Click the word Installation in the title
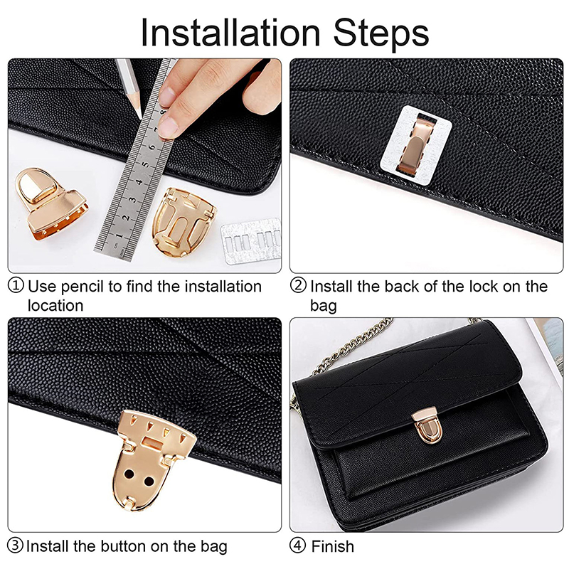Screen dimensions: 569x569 230,33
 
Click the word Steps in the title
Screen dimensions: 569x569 381,33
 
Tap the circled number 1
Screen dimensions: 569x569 16,286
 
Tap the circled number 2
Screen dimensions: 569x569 298,286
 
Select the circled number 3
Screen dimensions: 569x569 16,546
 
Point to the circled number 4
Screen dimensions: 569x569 297,546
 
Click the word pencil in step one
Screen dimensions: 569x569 82,287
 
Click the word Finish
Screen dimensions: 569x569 332,546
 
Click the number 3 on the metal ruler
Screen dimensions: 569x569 133,199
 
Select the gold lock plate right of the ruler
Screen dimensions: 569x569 184,221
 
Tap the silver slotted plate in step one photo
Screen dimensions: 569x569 251,240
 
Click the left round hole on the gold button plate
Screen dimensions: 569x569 129,474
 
